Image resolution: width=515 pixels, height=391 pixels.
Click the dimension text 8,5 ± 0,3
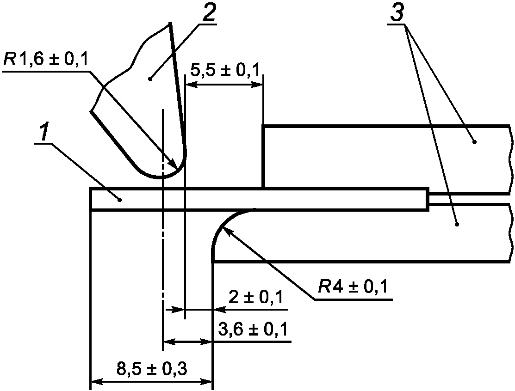152,369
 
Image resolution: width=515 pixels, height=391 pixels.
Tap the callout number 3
397,13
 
